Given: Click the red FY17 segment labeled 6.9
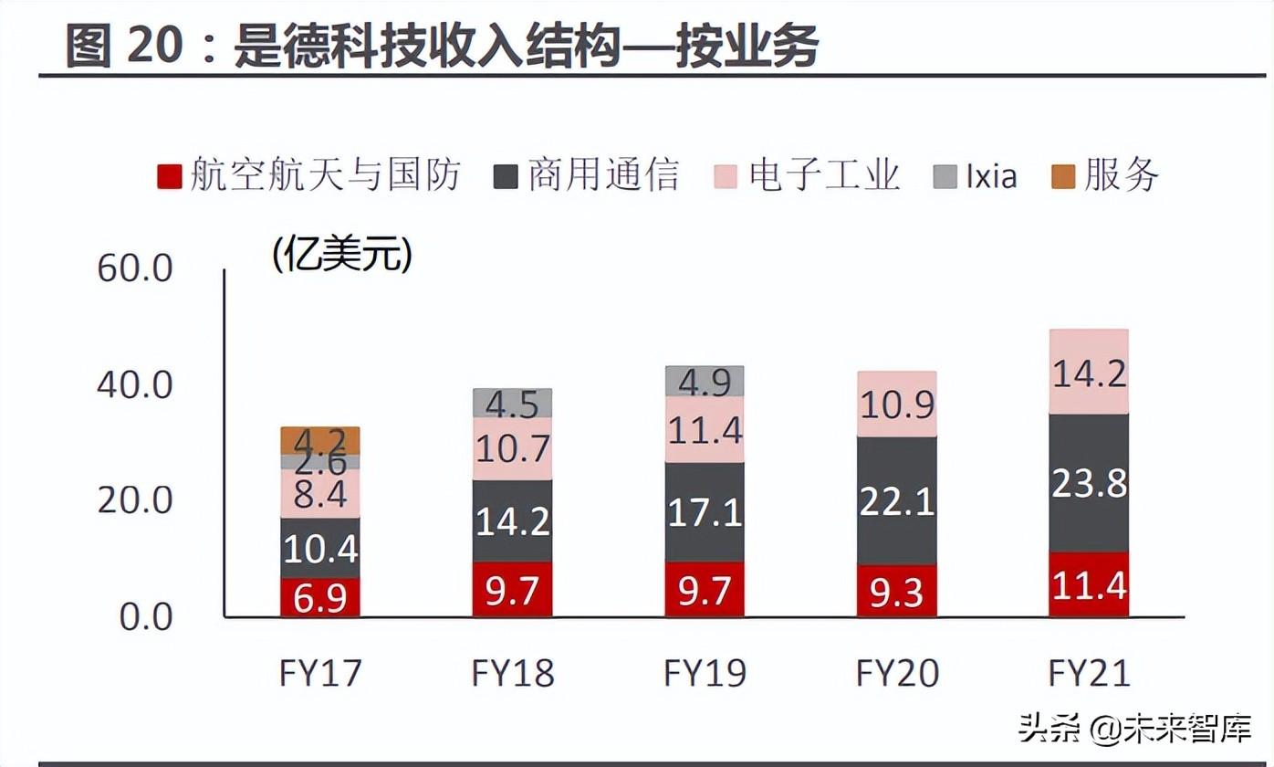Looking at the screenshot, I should pyautogui.click(x=320, y=597).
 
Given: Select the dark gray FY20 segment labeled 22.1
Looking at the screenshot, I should pyautogui.click(x=897, y=500).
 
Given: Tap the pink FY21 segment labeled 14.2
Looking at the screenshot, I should pyautogui.click(x=1089, y=373).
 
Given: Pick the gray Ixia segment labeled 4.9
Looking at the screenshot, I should pyautogui.click(x=705, y=382).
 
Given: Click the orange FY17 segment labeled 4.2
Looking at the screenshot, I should pyautogui.click(x=320, y=440).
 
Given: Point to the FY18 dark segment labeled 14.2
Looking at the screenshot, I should pyautogui.click(x=512, y=520).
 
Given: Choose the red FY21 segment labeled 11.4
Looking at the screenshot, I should pyautogui.click(x=1089, y=584).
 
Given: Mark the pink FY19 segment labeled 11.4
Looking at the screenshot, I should pyautogui.click(x=705, y=429).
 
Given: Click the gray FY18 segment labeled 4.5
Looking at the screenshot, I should pyautogui.click(x=512, y=403).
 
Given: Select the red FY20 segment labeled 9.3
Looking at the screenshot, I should pyautogui.click(x=897, y=591).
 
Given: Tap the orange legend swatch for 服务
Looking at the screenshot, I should pyautogui.click(x=1063, y=175).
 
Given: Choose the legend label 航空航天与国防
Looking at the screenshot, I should pyautogui.click(x=325, y=175).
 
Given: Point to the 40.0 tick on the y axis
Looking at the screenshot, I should pyautogui.click(x=135, y=385).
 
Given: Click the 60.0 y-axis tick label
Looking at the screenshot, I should pyautogui.click(x=135, y=269).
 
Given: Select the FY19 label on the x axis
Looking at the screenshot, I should pyautogui.click(x=705, y=674).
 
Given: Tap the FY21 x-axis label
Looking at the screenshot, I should pyautogui.click(x=1089, y=674).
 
